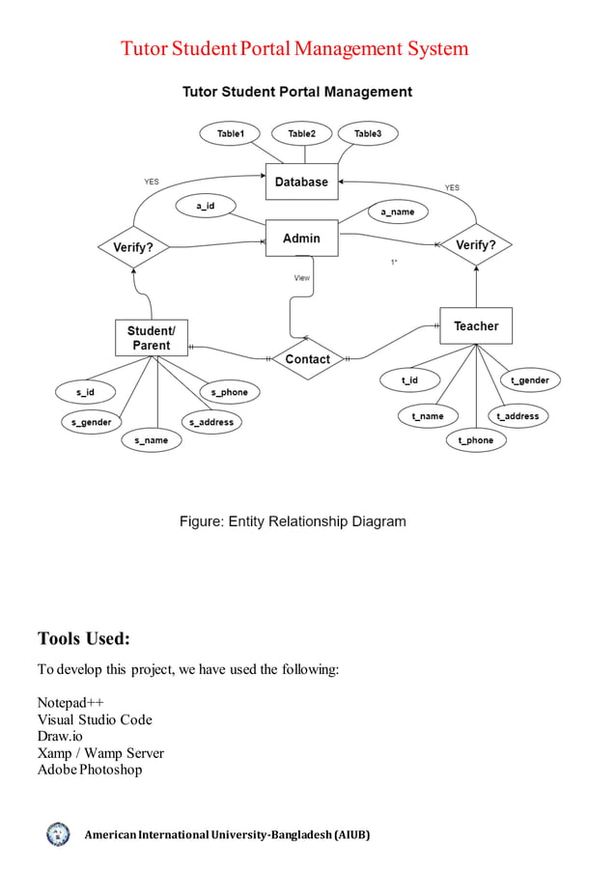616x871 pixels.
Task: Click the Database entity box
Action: (x=301, y=182)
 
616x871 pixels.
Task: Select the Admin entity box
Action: (x=301, y=239)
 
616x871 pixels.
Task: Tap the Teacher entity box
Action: (x=476, y=326)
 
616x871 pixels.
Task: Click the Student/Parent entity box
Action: (x=151, y=338)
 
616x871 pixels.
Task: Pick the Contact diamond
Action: (x=307, y=359)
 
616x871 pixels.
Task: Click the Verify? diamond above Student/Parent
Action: (x=133, y=247)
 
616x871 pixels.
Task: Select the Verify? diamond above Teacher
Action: (x=475, y=245)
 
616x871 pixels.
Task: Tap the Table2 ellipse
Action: (x=301, y=134)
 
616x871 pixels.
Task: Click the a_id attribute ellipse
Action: (x=205, y=207)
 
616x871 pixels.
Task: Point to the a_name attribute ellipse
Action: (x=397, y=211)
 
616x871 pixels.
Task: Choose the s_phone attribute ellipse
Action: (x=229, y=392)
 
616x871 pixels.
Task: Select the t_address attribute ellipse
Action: (x=518, y=416)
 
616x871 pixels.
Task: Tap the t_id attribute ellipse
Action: (x=410, y=380)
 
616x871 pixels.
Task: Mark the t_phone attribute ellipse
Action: (x=475, y=440)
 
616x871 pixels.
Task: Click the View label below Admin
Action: (x=302, y=278)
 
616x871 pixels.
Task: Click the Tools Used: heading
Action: (x=83, y=638)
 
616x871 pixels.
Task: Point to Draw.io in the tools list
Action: (x=60, y=736)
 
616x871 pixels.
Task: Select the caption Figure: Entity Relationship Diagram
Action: (x=293, y=521)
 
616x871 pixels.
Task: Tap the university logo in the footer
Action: (x=58, y=834)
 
